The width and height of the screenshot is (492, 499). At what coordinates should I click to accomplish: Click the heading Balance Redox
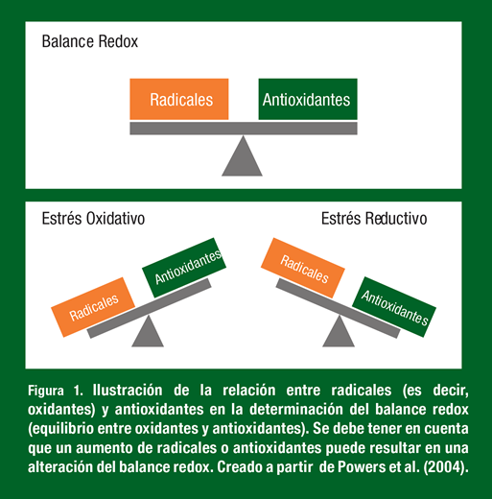(x=90, y=41)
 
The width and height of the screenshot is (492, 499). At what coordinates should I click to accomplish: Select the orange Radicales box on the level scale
(x=179, y=99)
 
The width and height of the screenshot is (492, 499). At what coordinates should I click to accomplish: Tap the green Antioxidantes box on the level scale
(x=308, y=99)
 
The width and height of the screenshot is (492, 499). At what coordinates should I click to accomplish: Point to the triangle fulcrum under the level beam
(x=243, y=155)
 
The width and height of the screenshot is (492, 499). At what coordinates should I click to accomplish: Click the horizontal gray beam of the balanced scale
(x=244, y=129)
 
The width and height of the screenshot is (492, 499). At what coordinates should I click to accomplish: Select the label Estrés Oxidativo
(x=93, y=219)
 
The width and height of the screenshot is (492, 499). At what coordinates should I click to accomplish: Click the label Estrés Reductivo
(x=374, y=219)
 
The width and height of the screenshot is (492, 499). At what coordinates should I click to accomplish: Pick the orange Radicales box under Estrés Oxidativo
(x=93, y=307)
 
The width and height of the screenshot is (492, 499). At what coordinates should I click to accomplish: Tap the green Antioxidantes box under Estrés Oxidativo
(x=184, y=268)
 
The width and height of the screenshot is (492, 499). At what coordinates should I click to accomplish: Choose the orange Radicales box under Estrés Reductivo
(x=303, y=268)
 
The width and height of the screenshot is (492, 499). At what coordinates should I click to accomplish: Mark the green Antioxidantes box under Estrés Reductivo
(x=394, y=307)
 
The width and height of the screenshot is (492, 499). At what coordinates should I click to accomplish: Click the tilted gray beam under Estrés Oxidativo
(x=150, y=308)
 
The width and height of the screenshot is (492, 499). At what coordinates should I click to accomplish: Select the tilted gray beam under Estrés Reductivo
(x=338, y=308)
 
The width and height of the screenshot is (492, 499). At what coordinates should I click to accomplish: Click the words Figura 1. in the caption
(x=56, y=391)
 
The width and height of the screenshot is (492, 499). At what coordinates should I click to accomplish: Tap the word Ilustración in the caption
(x=128, y=391)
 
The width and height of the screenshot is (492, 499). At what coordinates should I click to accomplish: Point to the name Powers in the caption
(x=362, y=467)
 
